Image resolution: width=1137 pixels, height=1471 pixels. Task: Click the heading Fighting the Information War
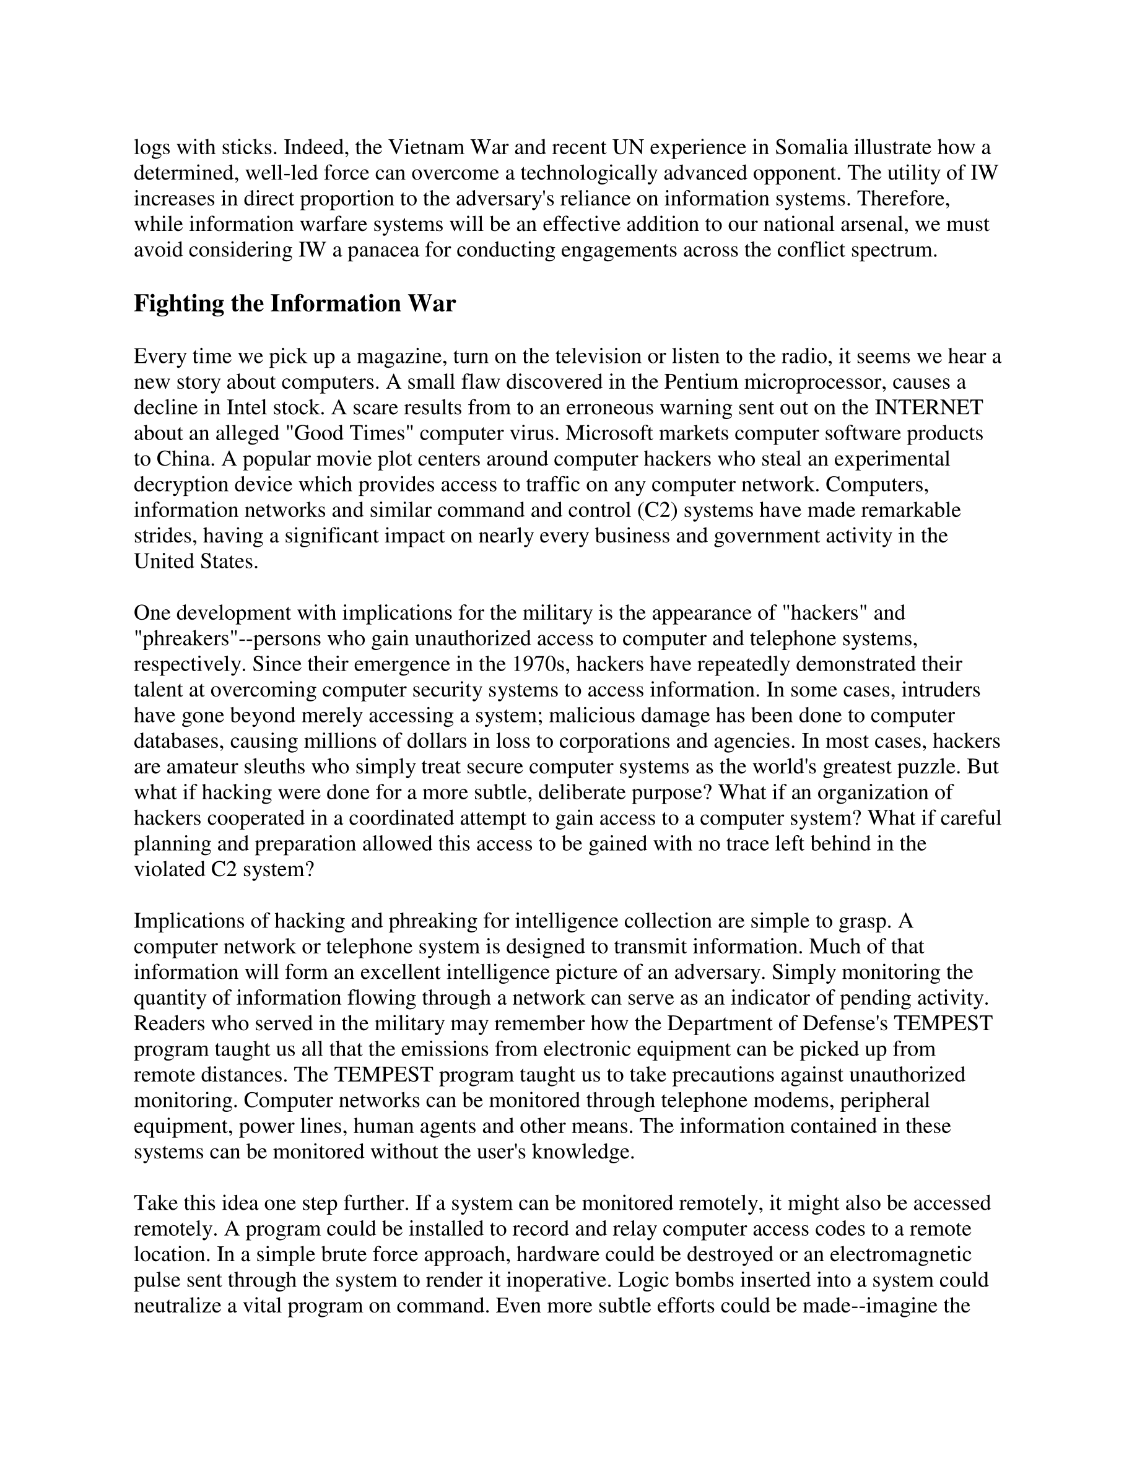point(294,304)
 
